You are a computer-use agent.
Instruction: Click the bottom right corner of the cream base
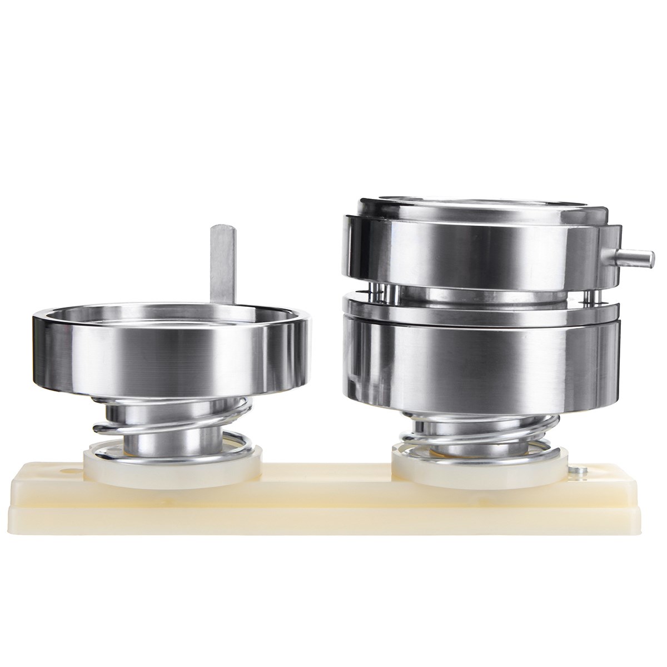coord(639,526)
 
